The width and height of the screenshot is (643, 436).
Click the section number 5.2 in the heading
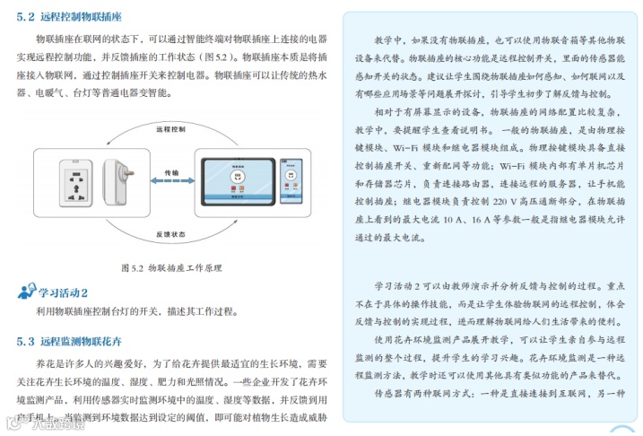26,16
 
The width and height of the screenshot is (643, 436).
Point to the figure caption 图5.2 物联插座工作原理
170,267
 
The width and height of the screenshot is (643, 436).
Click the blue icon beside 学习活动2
25,292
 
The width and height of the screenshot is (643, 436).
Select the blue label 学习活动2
63,292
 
